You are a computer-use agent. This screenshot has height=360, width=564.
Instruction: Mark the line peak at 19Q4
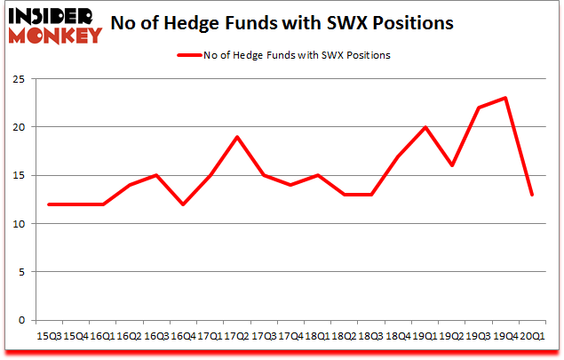point(504,98)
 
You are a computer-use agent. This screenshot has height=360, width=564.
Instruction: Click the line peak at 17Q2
point(237,137)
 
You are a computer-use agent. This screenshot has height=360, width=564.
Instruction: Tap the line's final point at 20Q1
point(531,195)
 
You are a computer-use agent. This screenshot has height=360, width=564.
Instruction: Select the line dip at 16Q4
point(183,204)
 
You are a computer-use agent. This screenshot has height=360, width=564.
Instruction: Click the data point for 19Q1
point(425,127)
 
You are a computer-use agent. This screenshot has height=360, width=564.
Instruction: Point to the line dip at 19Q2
point(451,165)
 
